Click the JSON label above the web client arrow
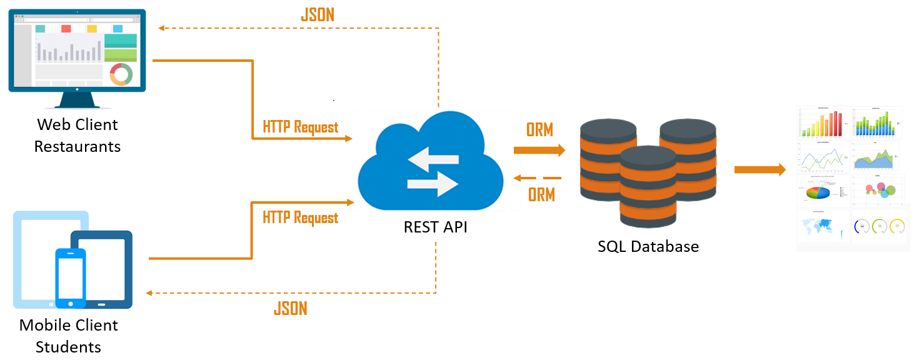(x=318, y=15)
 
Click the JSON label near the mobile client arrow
(x=290, y=308)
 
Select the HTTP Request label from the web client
(x=300, y=127)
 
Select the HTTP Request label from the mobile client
(x=300, y=217)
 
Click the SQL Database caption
(x=648, y=246)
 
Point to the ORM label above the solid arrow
(x=539, y=130)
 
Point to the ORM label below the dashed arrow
(x=541, y=195)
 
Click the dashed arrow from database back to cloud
(x=538, y=179)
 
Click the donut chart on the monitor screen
(x=121, y=74)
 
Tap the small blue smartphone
(x=70, y=278)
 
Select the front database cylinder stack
(x=648, y=187)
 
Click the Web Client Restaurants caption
(x=78, y=136)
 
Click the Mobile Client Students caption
(x=69, y=336)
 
